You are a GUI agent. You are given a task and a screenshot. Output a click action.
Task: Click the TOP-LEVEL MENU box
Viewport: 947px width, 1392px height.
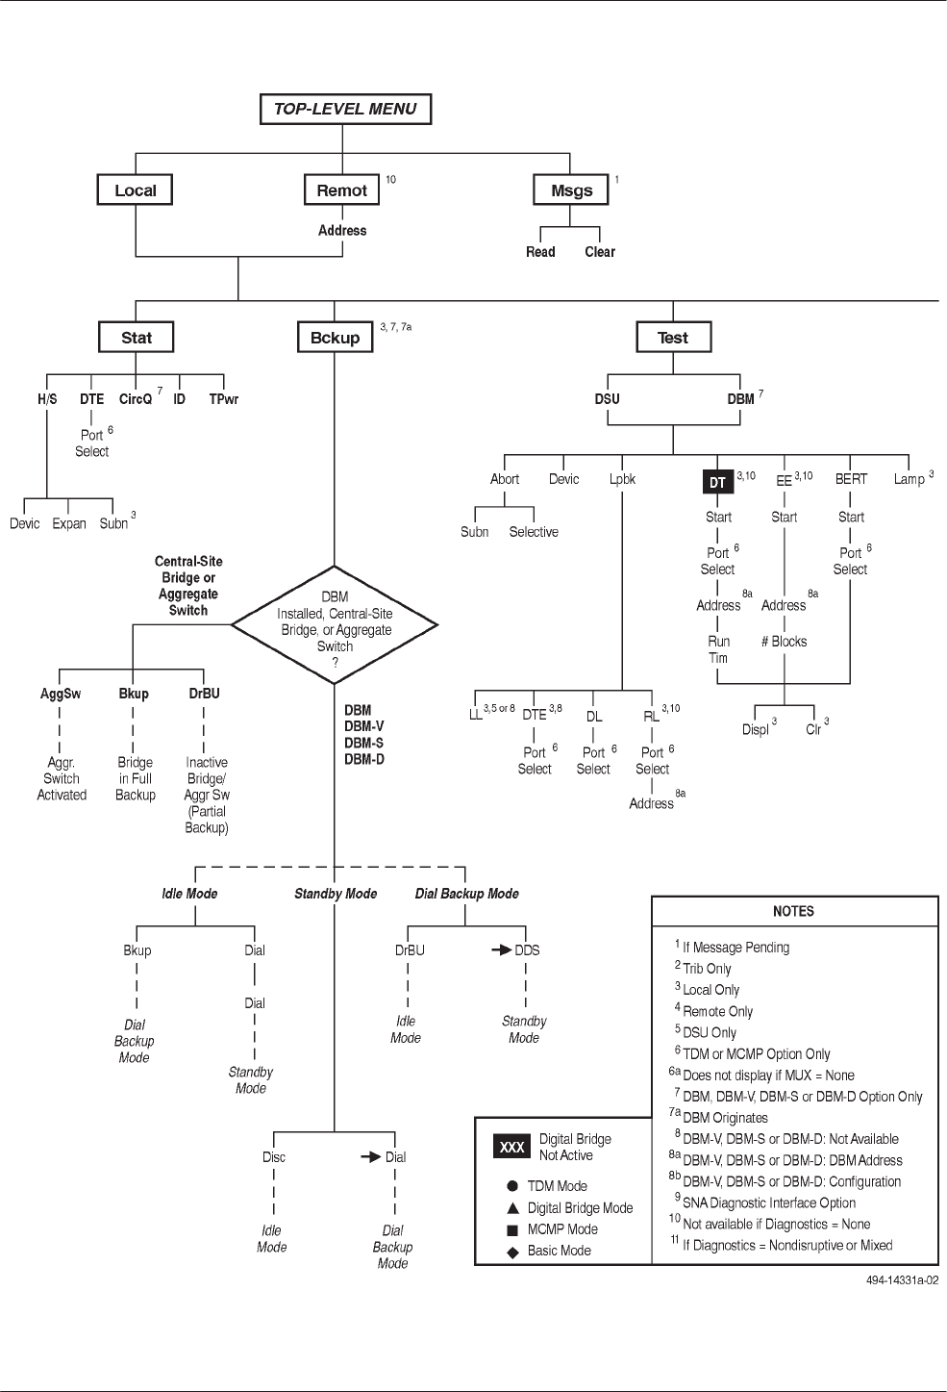pos(345,110)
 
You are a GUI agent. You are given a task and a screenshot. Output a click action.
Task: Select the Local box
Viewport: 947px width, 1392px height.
pos(135,190)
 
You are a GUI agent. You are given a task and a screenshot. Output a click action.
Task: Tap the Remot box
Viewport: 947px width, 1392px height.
pos(341,190)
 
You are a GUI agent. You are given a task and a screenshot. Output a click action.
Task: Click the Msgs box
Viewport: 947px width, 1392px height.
pos(571,190)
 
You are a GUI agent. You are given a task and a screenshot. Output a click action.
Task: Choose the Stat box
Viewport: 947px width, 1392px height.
pos(137,338)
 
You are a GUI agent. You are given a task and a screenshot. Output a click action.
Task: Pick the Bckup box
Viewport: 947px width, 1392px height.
pos(335,338)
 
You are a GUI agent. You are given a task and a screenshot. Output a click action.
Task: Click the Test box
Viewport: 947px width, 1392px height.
pos(672,338)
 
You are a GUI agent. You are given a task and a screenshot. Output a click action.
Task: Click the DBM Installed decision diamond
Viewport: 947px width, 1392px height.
pos(335,622)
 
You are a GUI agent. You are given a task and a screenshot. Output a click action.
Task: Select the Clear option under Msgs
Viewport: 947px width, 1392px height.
pos(600,252)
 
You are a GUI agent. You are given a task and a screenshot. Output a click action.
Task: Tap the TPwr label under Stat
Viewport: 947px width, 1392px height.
pos(224,399)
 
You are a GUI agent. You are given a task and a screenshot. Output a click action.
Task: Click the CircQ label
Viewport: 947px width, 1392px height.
pos(136,399)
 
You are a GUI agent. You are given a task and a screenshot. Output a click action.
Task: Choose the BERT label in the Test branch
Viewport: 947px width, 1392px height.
pos(851,479)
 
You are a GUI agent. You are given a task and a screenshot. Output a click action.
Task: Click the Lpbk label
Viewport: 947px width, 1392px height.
pos(622,479)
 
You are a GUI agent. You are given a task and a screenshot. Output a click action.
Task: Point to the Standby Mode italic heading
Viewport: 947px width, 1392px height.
pos(336,894)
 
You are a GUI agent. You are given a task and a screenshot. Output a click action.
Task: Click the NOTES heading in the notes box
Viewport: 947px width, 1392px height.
pos(793,911)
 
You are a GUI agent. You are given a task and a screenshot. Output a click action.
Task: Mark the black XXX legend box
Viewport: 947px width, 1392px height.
pos(511,1147)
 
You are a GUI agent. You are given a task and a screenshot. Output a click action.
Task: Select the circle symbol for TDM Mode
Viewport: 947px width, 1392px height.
pos(512,1186)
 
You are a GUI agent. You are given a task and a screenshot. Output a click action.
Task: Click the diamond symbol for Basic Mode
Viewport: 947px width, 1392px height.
pos(512,1252)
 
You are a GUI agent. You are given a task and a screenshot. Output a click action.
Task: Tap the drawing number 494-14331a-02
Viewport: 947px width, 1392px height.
pos(901,1280)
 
